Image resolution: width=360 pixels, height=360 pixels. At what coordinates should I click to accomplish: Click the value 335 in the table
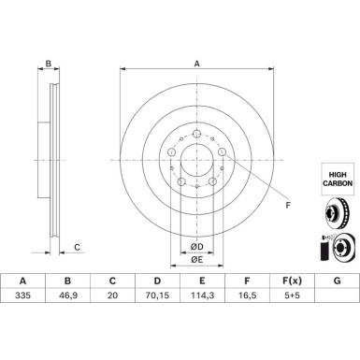[22, 295]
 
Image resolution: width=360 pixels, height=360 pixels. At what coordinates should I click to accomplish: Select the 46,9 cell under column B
[67, 295]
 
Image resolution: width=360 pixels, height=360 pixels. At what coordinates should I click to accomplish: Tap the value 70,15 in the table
[157, 295]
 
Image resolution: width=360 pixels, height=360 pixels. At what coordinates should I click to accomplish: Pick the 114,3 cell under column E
[202, 295]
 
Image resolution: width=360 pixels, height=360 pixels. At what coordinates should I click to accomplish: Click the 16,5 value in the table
[247, 295]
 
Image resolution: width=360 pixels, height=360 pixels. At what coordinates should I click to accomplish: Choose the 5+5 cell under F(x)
[292, 295]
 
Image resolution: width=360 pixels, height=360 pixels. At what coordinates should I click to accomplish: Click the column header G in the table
[337, 281]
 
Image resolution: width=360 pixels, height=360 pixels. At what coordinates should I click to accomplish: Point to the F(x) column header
[292, 281]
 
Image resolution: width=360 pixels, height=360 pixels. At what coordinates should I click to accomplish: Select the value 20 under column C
[112, 295]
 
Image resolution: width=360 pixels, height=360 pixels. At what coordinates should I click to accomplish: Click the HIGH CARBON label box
[338, 179]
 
